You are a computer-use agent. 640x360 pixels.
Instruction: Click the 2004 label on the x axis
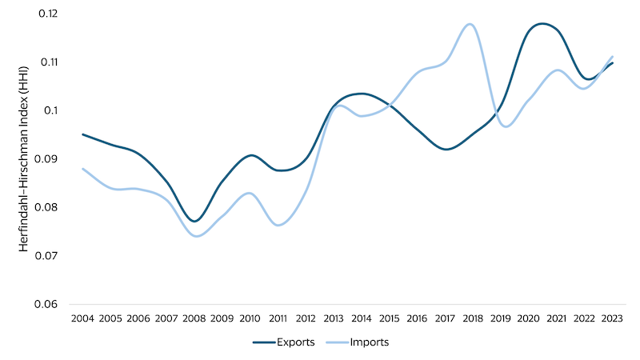tap(82, 318)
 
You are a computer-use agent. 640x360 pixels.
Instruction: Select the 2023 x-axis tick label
tap(611, 318)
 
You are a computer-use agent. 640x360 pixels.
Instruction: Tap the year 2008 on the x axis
tap(194, 318)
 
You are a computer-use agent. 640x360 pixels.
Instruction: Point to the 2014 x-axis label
tap(361, 318)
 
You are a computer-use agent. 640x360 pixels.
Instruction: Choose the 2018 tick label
tap(472, 318)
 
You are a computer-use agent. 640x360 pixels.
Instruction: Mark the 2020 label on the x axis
tap(528, 318)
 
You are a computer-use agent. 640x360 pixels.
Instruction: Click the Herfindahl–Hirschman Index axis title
tap(25, 158)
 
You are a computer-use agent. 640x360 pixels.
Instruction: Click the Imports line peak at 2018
tap(470, 24)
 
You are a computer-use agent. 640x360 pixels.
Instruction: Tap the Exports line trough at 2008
tap(194, 221)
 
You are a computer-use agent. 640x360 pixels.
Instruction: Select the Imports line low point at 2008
tap(196, 236)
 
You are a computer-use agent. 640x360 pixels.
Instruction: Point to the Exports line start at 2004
tap(82, 134)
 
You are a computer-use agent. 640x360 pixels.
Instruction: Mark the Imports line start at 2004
tap(82, 168)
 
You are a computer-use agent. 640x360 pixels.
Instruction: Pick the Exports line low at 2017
tap(446, 149)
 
